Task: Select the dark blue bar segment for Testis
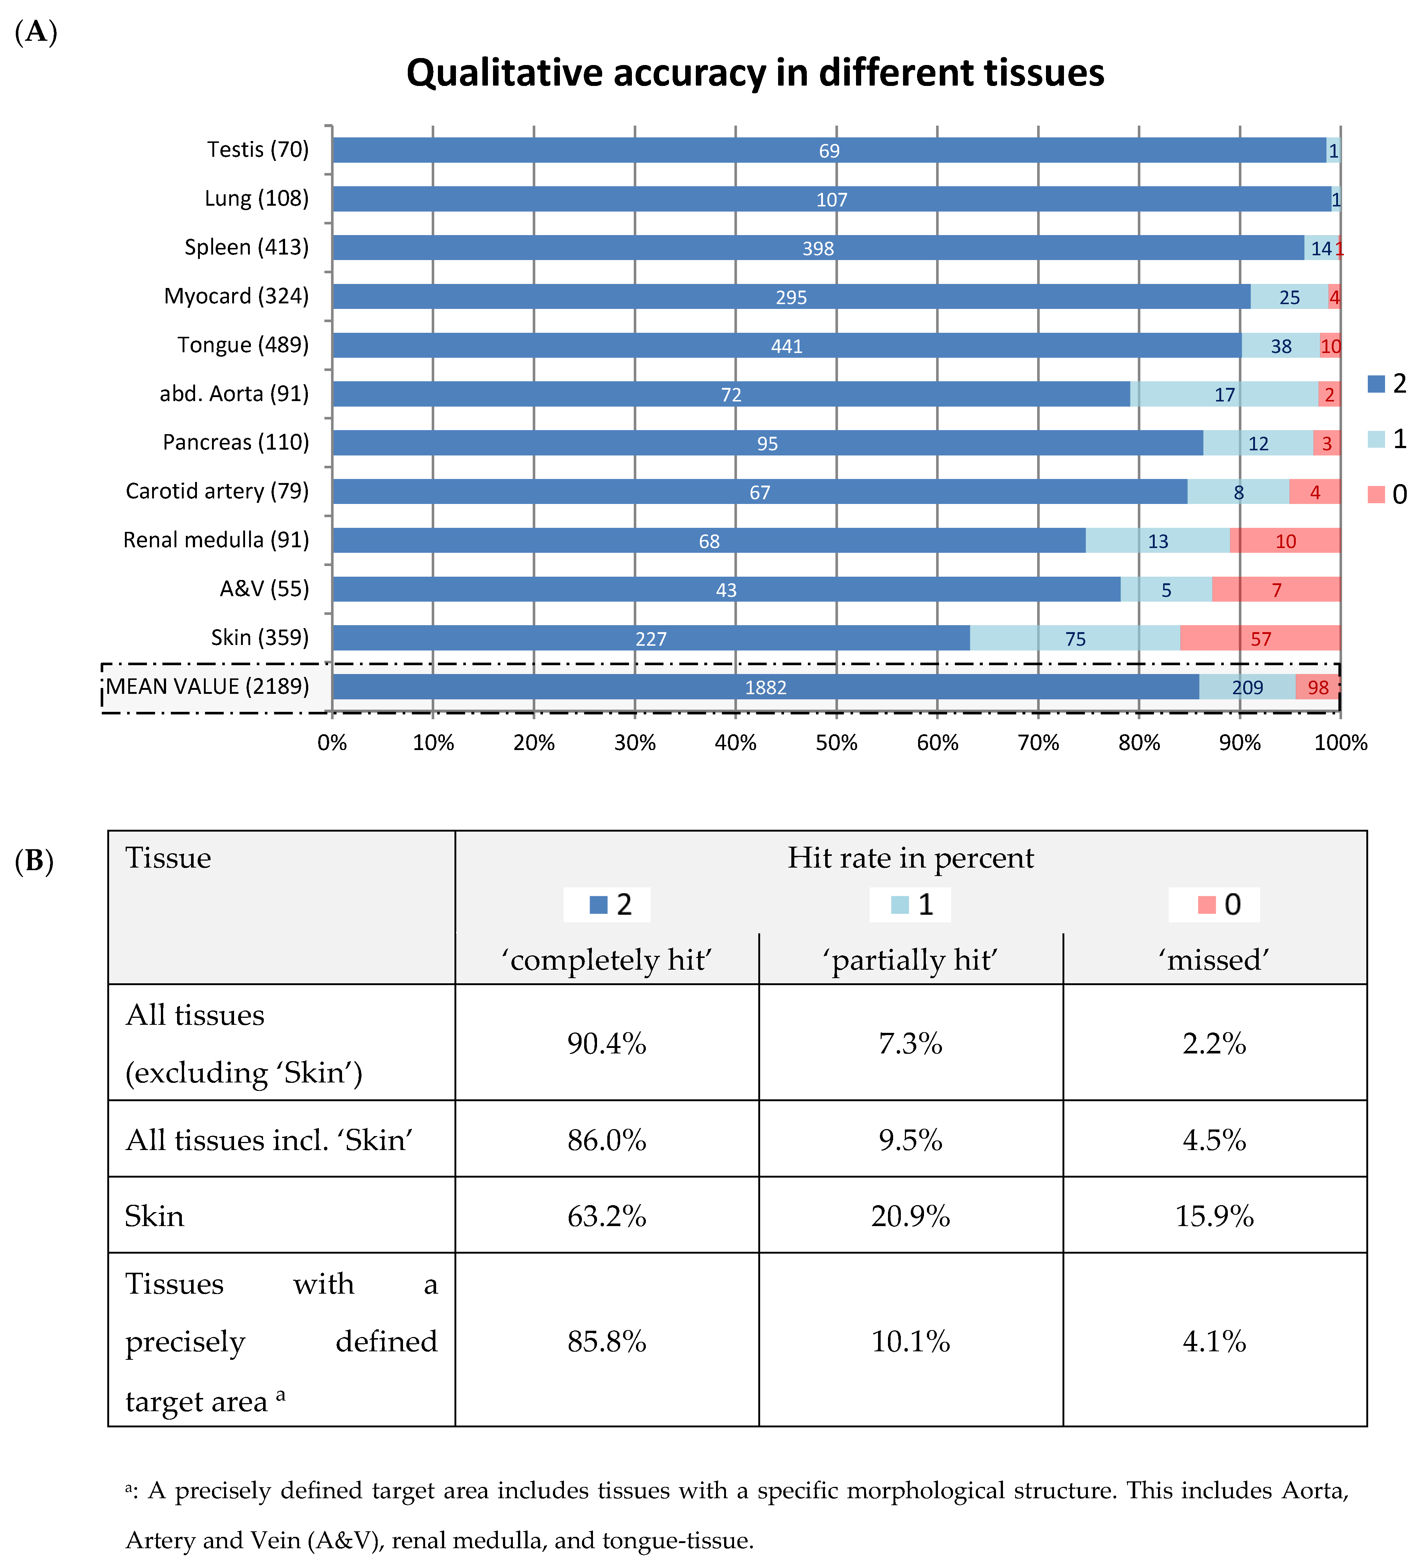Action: click(x=829, y=151)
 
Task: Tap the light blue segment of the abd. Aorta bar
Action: click(x=1224, y=394)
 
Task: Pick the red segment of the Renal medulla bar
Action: click(x=1285, y=541)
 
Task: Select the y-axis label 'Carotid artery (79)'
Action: click(x=217, y=491)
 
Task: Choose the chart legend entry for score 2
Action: click(x=1387, y=383)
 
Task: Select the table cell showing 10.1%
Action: click(x=910, y=1341)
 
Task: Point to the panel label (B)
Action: click(x=34, y=861)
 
